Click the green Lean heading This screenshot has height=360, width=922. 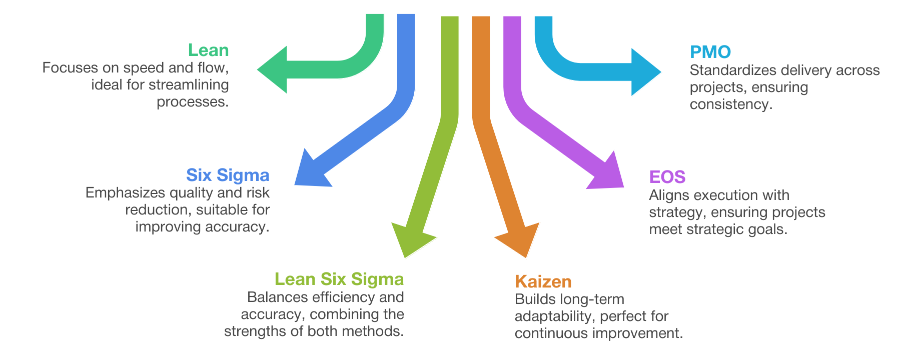pos(208,50)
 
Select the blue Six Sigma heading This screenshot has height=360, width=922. pos(228,175)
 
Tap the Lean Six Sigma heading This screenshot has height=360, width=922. pos(339,279)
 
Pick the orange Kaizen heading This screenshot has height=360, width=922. pos(543,281)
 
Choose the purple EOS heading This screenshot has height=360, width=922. pos(667,177)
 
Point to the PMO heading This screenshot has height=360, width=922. pos(710,52)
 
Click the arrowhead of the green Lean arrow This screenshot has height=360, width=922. pos(274,69)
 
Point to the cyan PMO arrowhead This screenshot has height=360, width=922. pos(645,71)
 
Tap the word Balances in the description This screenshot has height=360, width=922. pos(276,297)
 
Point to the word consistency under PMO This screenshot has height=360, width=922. pos(730,104)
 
